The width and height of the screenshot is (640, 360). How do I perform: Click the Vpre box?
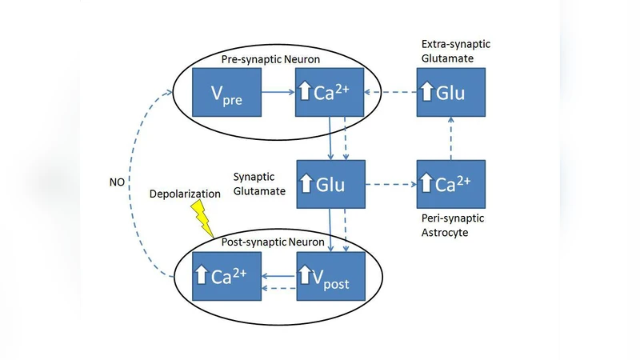(227, 94)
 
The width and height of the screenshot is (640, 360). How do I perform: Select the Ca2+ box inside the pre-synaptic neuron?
(330, 94)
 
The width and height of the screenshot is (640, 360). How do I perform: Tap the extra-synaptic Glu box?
(450, 94)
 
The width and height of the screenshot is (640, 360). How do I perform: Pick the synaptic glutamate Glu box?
(330, 185)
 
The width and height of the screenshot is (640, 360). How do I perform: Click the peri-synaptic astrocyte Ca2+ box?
(450, 185)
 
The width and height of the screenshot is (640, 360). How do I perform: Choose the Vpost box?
(330, 277)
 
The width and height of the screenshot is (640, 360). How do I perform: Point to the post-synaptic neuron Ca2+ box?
(227, 277)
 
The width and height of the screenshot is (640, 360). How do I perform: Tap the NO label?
(117, 182)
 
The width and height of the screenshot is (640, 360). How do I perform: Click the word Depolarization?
(183, 194)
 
